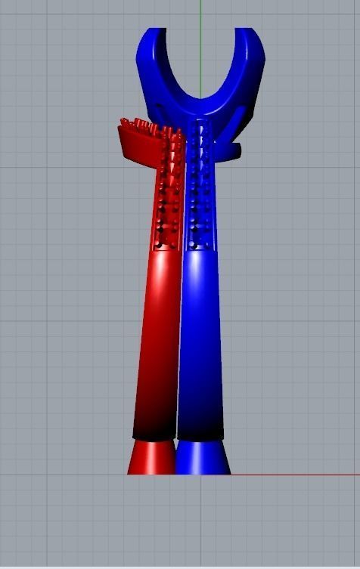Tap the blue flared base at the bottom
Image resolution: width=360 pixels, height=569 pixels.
202,458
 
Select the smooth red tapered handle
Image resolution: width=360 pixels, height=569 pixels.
157,340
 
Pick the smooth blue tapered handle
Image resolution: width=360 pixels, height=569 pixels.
202,340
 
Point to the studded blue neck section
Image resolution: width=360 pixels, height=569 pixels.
200,189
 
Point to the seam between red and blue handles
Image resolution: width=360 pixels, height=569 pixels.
178,340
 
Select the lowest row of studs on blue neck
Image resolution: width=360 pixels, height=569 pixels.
200,245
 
